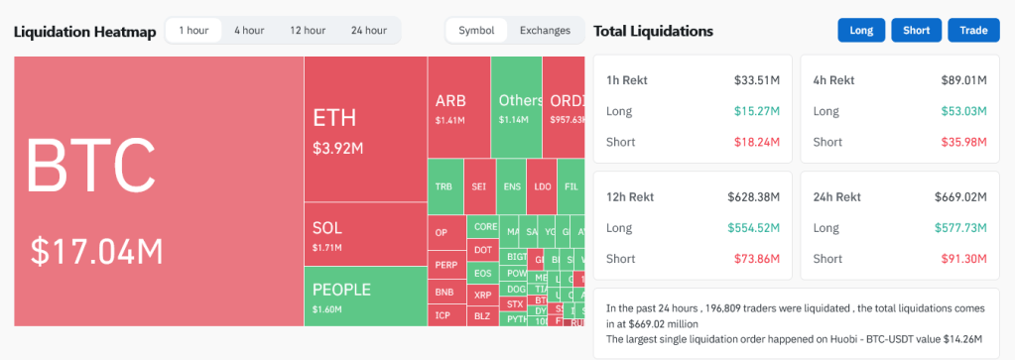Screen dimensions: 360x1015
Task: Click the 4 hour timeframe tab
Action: pyautogui.click(x=249, y=31)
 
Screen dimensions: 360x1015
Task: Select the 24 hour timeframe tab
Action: pyautogui.click(x=368, y=31)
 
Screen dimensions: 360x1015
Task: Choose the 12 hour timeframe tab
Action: pyautogui.click(x=308, y=31)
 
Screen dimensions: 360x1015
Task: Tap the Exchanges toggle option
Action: pyautogui.click(x=545, y=31)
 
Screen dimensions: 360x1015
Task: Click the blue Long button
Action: pyautogui.click(x=860, y=31)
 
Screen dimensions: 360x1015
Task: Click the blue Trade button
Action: pyautogui.click(x=973, y=31)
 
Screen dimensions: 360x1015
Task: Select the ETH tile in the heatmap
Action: pyautogui.click(x=364, y=129)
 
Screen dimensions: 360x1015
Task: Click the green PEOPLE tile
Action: pyautogui.click(x=364, y=296)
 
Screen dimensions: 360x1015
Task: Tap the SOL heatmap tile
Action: pyautogui.click(x=364, y=234)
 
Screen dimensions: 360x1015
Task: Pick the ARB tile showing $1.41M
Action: pyautogui.click(x=457, y=106)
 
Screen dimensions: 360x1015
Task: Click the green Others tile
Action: pyautogui.click(x=516, y=106)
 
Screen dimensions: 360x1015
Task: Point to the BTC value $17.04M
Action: pyautogui.click(x=96, y=252)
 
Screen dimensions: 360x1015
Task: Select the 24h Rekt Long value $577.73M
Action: pyautogui.click(x=960, y=228)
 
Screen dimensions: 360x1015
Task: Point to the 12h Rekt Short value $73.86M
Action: pyautogui.click(x=760, y=259)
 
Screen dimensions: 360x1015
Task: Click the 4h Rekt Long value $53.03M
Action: pyautogui.click(x=961, y=111)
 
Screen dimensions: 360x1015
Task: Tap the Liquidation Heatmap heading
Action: pyautogui.click(x=84, y=32)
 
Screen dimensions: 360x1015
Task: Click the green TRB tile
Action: pyautogui.click(x=444, y=186)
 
